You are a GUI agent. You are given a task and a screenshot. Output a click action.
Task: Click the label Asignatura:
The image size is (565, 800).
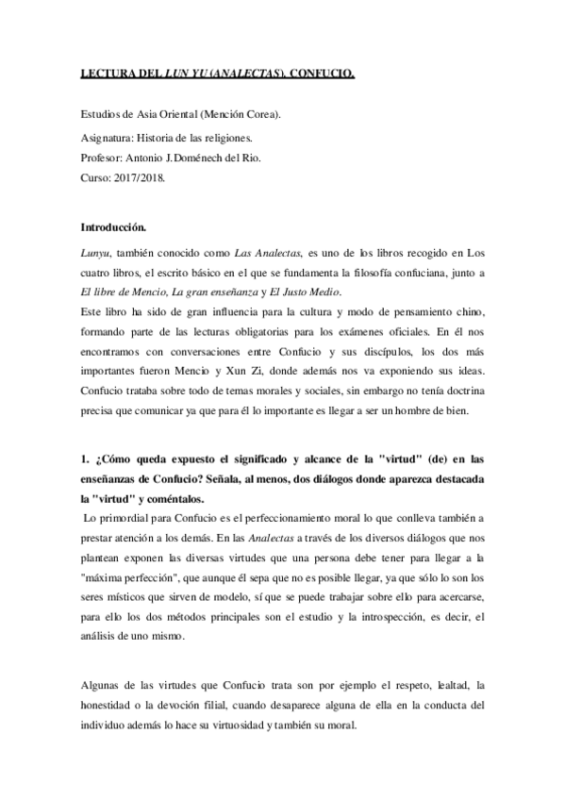click(109, 140)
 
